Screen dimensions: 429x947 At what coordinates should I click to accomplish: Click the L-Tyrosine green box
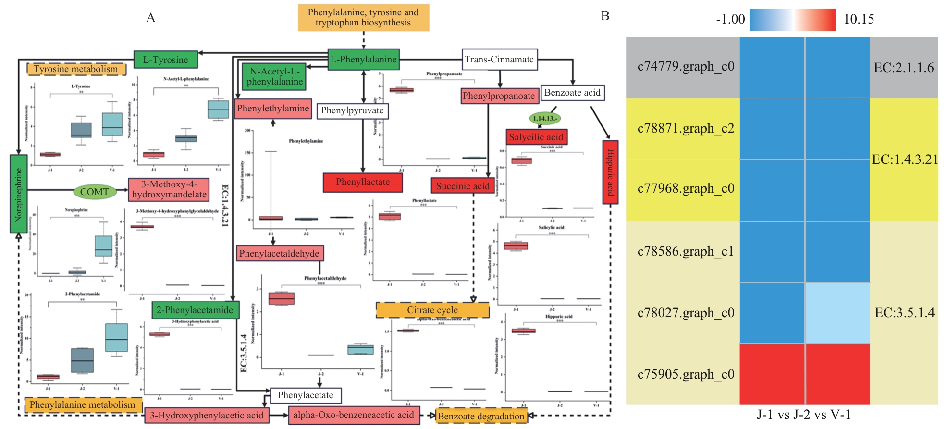click(x=165, y=60)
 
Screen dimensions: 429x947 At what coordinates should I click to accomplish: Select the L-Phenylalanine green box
click(x=363, y=60)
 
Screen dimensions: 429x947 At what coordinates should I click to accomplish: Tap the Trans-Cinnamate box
click(x=499, y=60)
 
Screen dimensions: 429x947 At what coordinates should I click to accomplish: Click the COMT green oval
click(x=94, y=192)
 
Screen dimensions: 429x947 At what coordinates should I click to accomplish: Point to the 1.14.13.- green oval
click(x=545, y=118)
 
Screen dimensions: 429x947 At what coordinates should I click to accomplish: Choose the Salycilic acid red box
click(x=536, y=137)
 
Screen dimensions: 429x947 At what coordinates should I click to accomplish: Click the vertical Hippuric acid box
click(x=610, y=172)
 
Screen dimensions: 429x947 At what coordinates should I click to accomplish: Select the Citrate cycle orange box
click(x=432, y=310)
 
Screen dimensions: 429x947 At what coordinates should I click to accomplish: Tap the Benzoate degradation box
click(x=481, y=416)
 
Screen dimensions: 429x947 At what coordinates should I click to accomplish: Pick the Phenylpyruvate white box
click(x=352, y=110)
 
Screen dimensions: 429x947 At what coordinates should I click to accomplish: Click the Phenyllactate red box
click(x=363, y=182)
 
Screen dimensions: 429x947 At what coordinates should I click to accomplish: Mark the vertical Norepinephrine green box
click(x=19, y=194)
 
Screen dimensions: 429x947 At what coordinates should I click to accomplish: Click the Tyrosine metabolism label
click(x=76, y=69)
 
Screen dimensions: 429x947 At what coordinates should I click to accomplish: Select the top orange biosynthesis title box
click(x=363, y=18)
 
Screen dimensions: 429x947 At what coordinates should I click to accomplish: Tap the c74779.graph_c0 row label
click(x=686, y=67)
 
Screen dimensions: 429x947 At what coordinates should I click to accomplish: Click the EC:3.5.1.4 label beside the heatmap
click(x=904, y=313)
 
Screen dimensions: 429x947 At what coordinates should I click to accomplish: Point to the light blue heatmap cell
click(x=837, y=313)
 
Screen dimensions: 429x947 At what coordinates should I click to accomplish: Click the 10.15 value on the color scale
click(x=859, y=19)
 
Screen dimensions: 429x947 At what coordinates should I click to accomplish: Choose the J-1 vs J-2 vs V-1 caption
click(x=804, y=415)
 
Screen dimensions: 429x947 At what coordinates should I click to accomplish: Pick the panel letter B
click(x=605, y=16)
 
